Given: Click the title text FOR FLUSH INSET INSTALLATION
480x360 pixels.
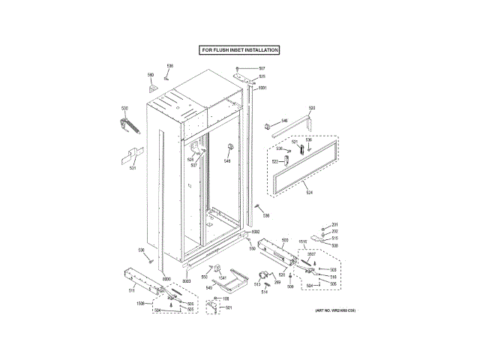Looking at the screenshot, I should click(x=239, y=50).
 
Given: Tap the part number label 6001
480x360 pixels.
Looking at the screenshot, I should click(x=262, y=88).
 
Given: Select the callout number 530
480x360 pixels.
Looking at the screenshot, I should click(x=125, y=109).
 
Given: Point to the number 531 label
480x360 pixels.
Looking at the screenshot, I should click(x=133, y=167).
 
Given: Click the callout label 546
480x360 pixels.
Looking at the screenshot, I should click(x=284, y=120).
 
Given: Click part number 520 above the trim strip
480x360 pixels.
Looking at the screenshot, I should click(x=312, y=109).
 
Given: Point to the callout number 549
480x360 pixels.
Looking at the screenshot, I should click(x=209, y=288).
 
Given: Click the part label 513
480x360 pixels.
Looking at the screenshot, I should click(x=256, y=284).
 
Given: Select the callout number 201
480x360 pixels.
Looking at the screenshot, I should click(x=335, y=226).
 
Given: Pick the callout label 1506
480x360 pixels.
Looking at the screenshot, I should click(x=140, y=303).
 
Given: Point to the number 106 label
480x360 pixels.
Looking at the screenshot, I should click(x=226, y=298).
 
